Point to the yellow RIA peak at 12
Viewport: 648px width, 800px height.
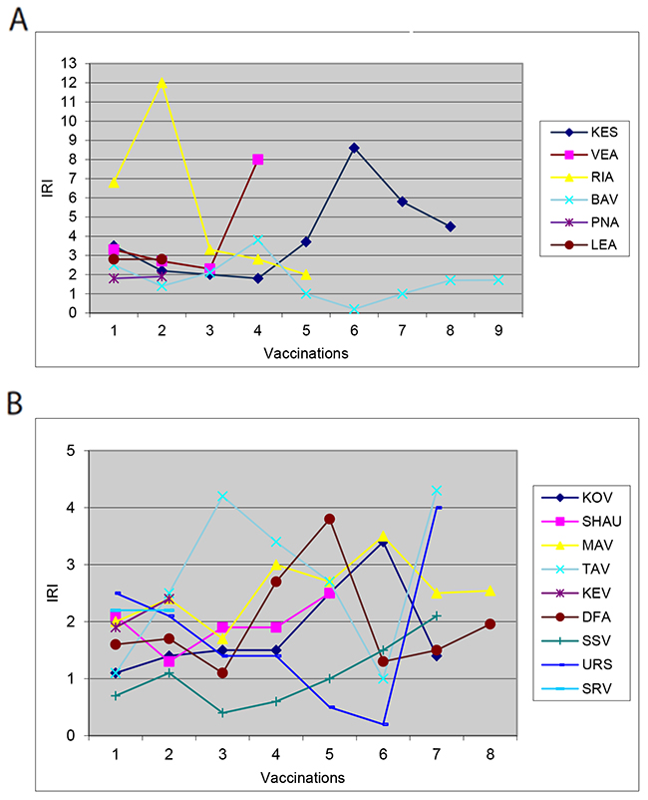(x=162, y=82)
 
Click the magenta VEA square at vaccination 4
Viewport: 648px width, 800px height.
(x=257, y=160)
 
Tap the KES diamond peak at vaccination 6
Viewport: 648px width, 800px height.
(x=354, y=148)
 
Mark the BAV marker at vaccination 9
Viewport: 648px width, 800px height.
(x=498, y=280)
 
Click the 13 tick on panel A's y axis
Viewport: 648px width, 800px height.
(x=70, y=63)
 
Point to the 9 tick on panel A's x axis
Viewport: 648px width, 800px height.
(x=498, y=327)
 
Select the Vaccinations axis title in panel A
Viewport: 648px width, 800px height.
(x=305, y=353)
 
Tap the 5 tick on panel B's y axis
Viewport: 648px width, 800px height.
(x=70, y=450)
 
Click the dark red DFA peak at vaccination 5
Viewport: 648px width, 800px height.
(x=329, y=519)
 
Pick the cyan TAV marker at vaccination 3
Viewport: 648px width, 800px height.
(x=222, y=496)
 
